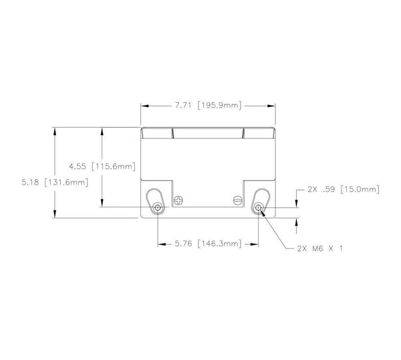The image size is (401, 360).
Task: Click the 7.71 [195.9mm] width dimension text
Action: pyautogui.click(x=207, y=105)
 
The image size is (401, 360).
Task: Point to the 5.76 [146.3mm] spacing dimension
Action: pyautogui.click(x=207, y=245)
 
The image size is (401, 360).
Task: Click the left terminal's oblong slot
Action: pyautogui.click(x=156, y=201)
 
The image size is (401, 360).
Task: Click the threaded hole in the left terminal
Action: pyautogui.click(x=156, y=207)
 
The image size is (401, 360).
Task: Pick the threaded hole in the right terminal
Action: pyautogui.click(x=259, y=207)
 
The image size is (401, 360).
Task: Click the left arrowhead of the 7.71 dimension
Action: pyautogui.click(x=143, y=105)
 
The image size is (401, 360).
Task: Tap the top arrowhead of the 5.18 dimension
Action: pyautogui.click(x=53, y=129)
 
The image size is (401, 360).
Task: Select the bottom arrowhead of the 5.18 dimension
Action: pyautogui.click(x=53, y=215)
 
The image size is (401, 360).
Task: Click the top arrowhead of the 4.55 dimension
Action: pyautogui.click(x=102, y=129)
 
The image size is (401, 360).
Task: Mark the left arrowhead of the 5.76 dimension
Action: pyautogui.click(x=159, y=245)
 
